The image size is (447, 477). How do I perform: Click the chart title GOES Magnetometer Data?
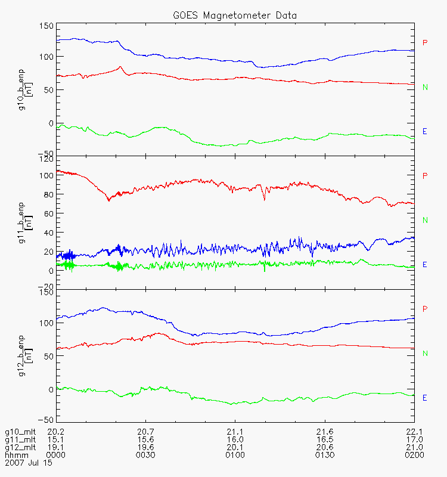point(235,15)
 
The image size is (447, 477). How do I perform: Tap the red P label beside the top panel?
point(425,42)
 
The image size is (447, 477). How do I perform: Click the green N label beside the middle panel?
point(425,220)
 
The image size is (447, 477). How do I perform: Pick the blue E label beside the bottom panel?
point(425,398)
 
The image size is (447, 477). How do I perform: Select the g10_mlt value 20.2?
point(56,432)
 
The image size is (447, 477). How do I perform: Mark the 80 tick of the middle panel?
point(48,194)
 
